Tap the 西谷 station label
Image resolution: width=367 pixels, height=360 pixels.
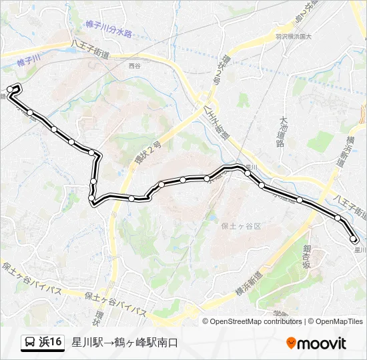135,66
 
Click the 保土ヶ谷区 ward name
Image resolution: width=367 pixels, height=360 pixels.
241,226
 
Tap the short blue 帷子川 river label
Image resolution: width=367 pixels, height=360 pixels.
29,61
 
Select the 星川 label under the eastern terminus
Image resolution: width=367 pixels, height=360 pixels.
360,249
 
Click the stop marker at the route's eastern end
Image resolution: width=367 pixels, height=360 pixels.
354,239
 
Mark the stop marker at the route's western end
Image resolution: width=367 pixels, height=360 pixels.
10,89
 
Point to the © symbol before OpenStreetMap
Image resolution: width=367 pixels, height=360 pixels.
206,321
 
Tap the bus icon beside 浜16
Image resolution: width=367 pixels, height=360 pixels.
30,343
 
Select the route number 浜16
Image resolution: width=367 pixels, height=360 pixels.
51,343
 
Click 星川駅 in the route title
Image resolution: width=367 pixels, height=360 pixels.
85,343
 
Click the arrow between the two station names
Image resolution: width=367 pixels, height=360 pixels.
106,343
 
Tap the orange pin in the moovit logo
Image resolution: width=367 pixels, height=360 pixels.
291,343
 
